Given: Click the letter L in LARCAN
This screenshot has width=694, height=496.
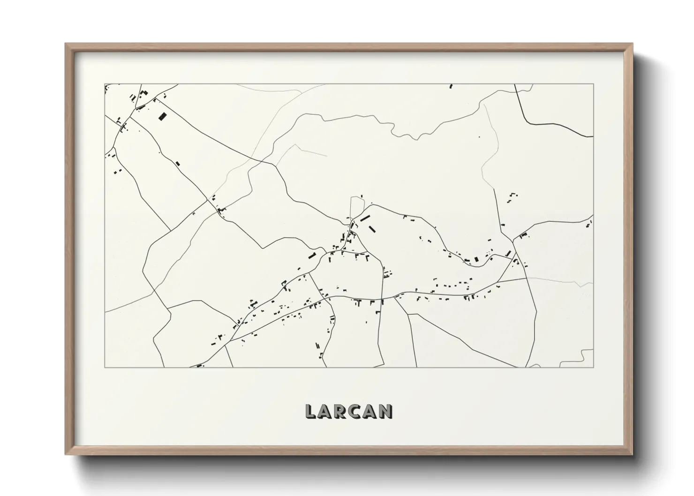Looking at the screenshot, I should [311, 412].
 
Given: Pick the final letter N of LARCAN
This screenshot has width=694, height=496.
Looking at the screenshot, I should [385, 412].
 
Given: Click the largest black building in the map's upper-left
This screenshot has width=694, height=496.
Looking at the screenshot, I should [162, 116].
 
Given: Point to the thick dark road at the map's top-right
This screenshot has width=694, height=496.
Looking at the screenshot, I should [553, 123].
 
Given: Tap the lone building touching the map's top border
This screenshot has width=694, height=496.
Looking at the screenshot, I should [451, 86].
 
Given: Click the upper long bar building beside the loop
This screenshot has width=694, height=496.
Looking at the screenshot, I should [365, 218].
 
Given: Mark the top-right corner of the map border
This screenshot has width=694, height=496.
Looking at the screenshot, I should [593, 84].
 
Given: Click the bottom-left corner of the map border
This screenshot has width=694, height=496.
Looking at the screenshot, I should [105, 367].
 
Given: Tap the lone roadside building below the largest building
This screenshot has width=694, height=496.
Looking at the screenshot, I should [178, 164].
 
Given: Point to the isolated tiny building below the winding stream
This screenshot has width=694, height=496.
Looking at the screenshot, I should [479, 137].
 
